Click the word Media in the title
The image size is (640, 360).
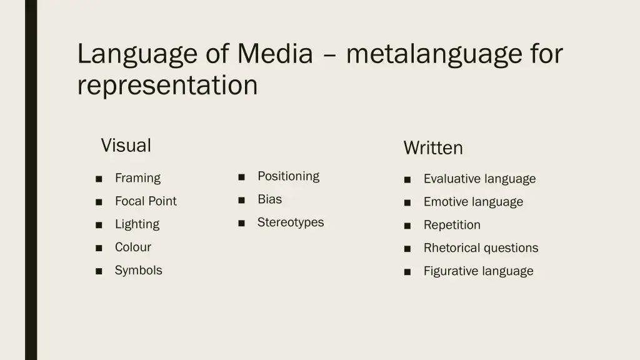coord(274,54)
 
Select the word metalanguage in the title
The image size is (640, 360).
coord(433,54)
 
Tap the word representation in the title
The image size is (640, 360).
coord(167,85)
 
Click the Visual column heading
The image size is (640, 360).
coord(126,146)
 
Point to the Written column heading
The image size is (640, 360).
coord(433,148)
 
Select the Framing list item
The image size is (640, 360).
coord(137,178)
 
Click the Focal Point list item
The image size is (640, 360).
coord(146,201)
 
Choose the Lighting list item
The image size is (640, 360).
coord(137,224)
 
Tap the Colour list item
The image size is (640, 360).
coord(133,247)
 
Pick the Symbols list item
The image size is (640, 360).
coord(138,271)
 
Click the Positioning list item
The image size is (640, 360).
coord(288,176)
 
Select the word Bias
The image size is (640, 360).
coord(269,199)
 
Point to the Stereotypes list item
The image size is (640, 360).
coord(291,222)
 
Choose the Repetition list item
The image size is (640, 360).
coord(452,225)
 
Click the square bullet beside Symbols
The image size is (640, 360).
coord(99,271)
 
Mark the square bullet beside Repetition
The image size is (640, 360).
coord(407,226)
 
